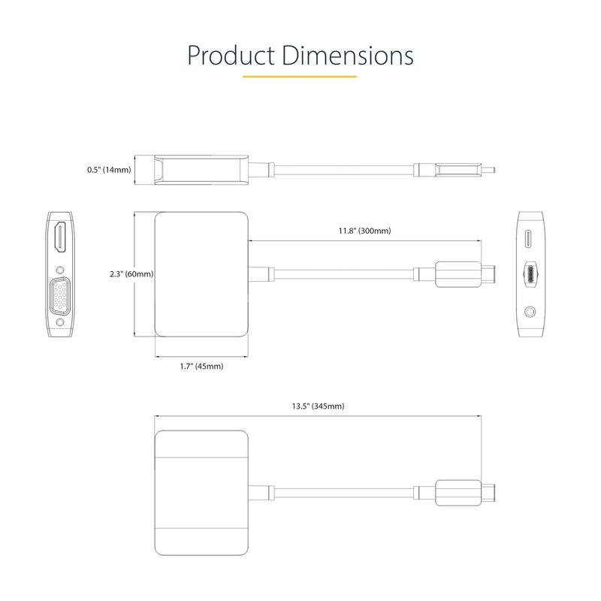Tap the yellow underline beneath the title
pos(300,76)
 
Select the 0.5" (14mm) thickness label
pos(109,170)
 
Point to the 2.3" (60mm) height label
pos(131,274)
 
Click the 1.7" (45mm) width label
pos(201,366)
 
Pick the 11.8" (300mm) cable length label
pos(365,231)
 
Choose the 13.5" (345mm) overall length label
pos(318,406)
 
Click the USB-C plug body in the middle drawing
pos(458,274)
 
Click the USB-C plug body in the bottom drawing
pos(458,494)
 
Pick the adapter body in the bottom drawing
pos(201,494)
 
